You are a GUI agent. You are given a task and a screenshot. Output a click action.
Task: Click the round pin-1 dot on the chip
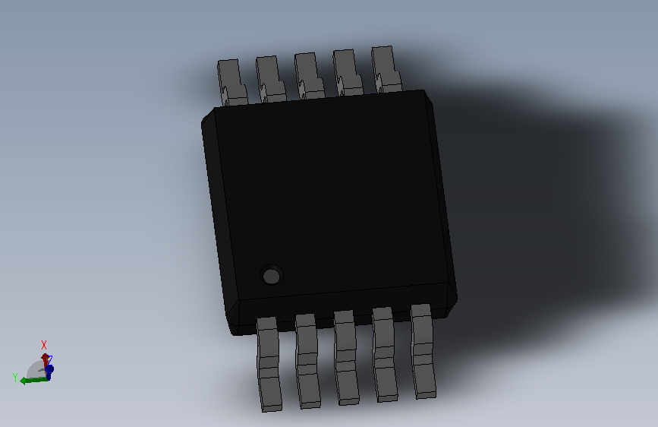(x=271, y=274)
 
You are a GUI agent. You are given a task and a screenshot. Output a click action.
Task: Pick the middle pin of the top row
(x=307, y=76)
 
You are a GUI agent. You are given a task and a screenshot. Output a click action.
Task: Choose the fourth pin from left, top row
(x=346, y=73)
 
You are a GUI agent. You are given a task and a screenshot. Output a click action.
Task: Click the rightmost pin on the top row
(x=385, y=70)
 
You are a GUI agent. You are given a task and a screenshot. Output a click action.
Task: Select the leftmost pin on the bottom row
(x=269, y=365)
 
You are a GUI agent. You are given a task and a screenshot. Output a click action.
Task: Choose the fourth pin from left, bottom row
(x=384, y=353)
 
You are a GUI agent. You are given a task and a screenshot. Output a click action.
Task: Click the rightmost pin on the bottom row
(x=423, y=350)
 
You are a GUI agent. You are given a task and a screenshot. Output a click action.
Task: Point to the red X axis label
(x=44, y=344)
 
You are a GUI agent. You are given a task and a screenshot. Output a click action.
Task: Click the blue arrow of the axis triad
(x=49, y=371)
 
